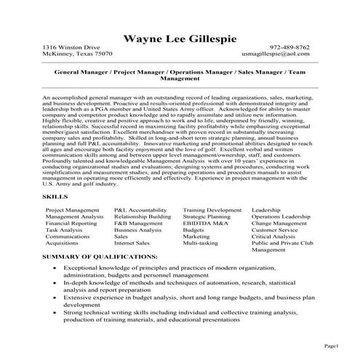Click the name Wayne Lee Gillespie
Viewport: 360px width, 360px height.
pos(180,36)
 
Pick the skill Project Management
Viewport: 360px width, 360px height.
pos(73,209)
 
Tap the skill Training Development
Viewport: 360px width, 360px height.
pos(212,209)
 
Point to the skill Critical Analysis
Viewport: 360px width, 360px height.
pos(273,236)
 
